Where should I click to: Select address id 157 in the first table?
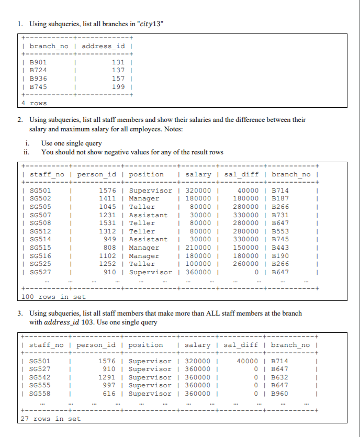click(118, 79)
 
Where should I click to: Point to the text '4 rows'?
click(34, 103)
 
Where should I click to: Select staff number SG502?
click(40, 198)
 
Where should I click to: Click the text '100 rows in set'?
click(53, 297)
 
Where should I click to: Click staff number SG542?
click(40, 377)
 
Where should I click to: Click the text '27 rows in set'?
click(51, 419)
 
